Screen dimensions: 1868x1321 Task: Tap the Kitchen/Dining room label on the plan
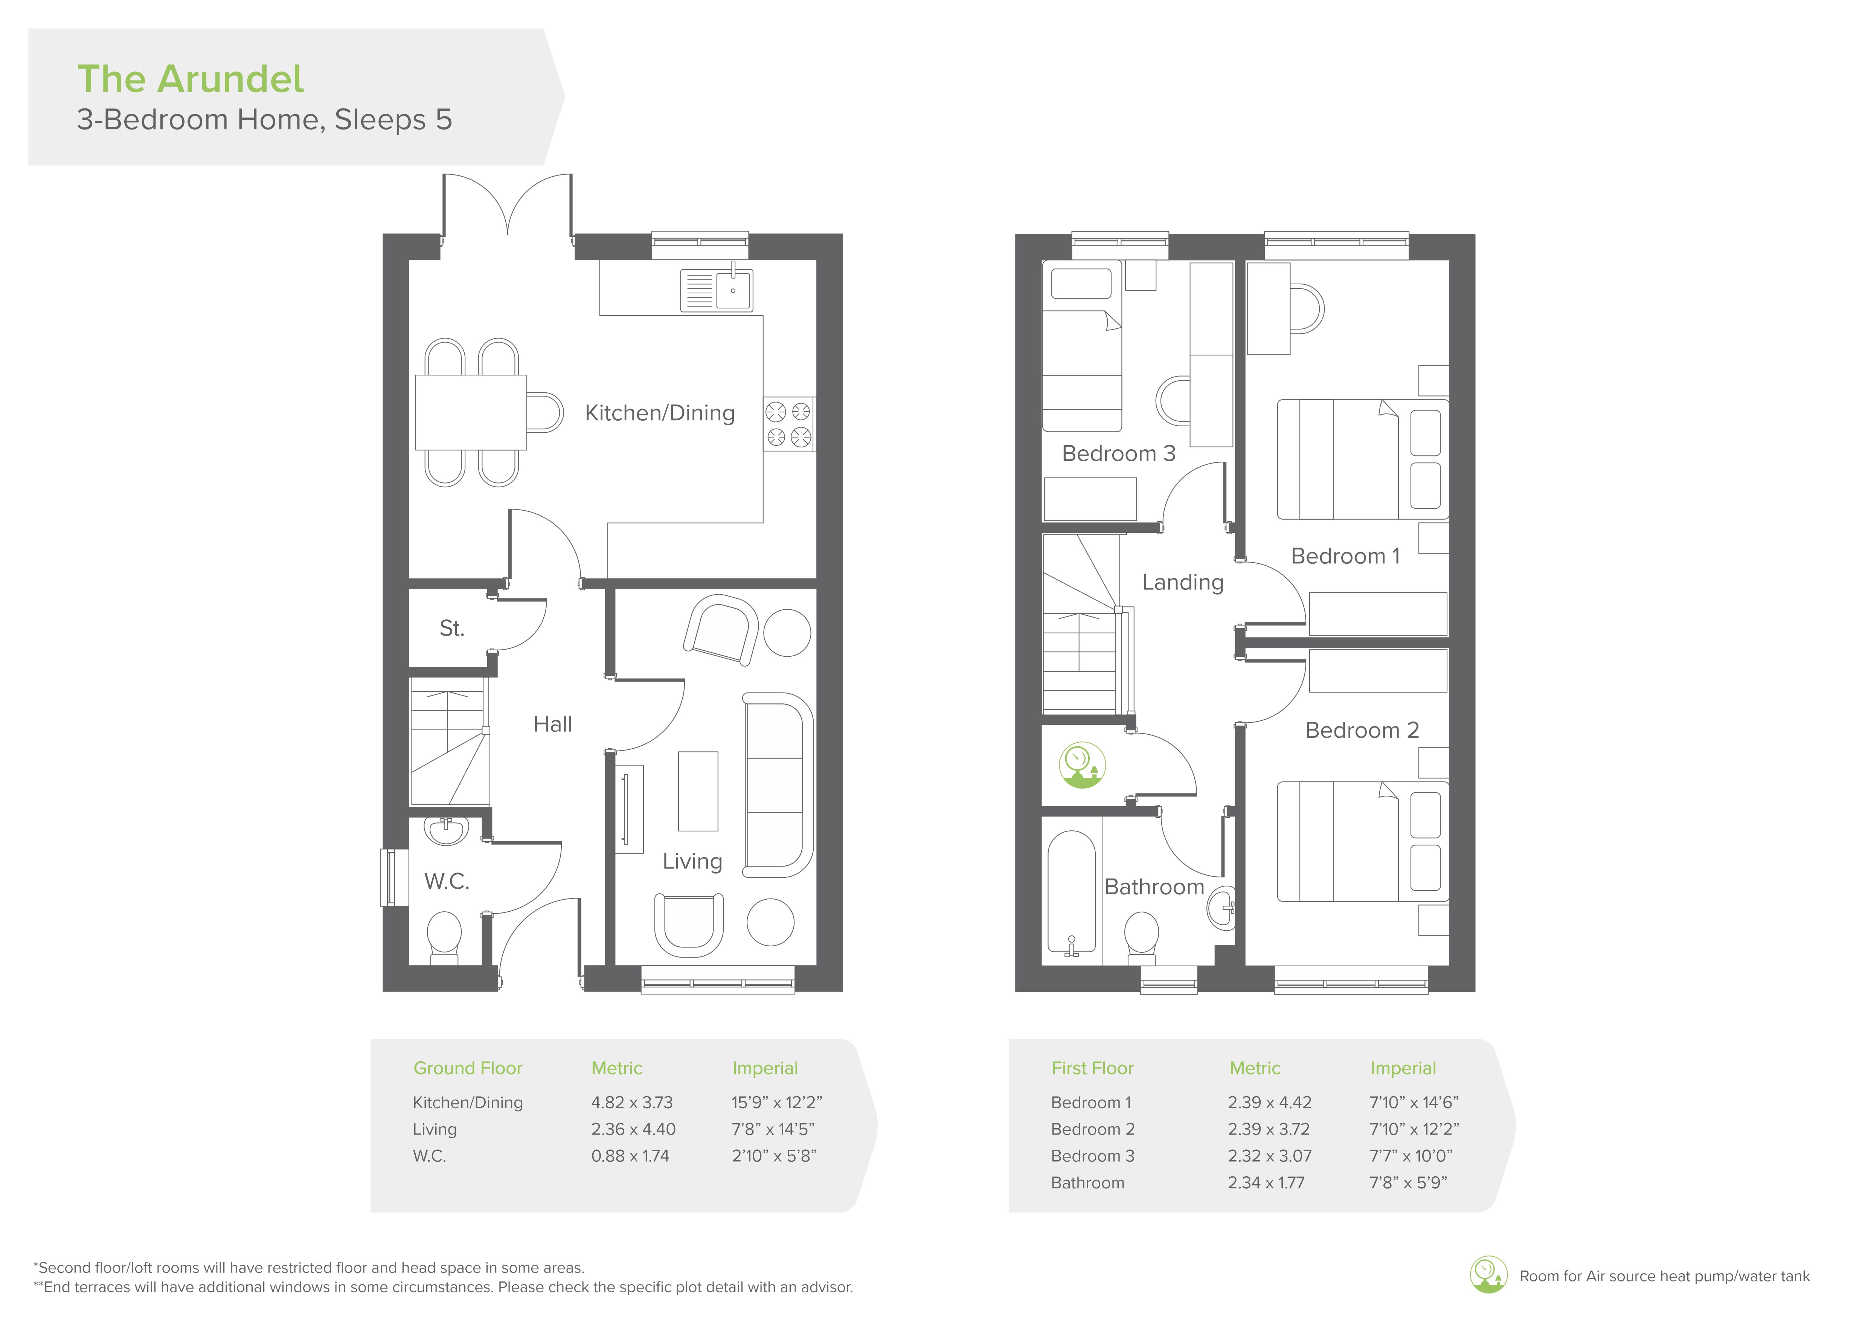click(660, 413)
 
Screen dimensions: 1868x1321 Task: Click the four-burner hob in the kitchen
click(788, 424)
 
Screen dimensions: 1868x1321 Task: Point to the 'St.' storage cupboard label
click(451, 628)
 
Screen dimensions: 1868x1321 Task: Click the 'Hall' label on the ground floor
click(552, 724)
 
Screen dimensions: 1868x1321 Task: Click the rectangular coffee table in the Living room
click(698, 791)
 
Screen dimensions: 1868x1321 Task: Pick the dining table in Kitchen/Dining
click(471, 412)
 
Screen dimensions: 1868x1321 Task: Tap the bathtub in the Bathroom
click(1072, 892)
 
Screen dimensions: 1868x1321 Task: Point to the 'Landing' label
click(1183, 583)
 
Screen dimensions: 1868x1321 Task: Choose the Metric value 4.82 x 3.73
click(632, 1102)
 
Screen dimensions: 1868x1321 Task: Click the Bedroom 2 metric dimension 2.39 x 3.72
click(1269, 1129)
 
